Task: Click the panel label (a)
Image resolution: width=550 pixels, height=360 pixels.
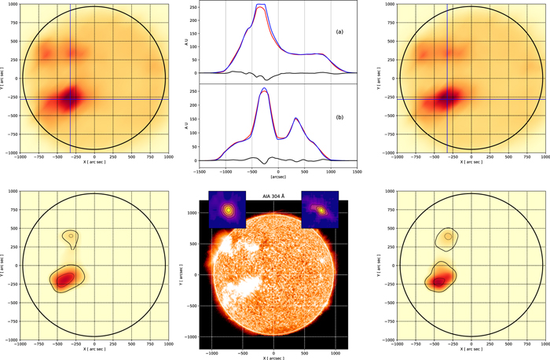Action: [339, 32]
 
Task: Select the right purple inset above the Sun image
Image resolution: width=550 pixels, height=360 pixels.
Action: [320, 210]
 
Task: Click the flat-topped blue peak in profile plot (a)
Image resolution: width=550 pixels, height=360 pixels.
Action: [262, 6]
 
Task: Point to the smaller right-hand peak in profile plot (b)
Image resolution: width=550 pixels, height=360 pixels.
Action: [295, 119]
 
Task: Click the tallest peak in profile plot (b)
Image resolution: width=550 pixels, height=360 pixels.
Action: [262, 90]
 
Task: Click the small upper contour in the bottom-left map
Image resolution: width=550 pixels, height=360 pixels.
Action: [71, 237]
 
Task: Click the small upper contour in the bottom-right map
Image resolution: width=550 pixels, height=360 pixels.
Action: [448, 236]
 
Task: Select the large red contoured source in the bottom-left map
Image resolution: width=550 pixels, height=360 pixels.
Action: [68, 277]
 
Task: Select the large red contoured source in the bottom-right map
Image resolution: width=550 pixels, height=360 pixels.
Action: [442, 278]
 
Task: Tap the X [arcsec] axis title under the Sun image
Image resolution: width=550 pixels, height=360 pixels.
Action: [274, 358]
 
